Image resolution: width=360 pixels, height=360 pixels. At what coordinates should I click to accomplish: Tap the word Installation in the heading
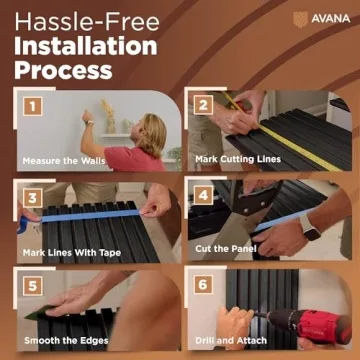pyautogui.click(x=86, y=46)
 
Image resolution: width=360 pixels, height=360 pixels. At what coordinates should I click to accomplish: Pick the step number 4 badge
pyautogui.click(x=204, y=193)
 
